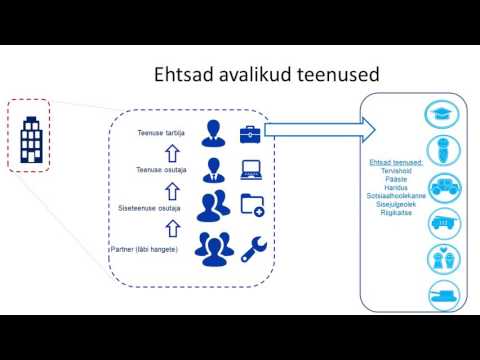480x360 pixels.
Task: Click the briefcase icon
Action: [x=250, y=132]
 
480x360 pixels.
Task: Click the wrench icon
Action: [x=252, y=244]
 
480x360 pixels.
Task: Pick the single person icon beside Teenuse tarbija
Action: [x=212, y=132]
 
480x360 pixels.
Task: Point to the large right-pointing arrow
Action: [x=320, y=129]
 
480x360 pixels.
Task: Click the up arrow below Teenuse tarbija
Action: [x=171, y=151]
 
